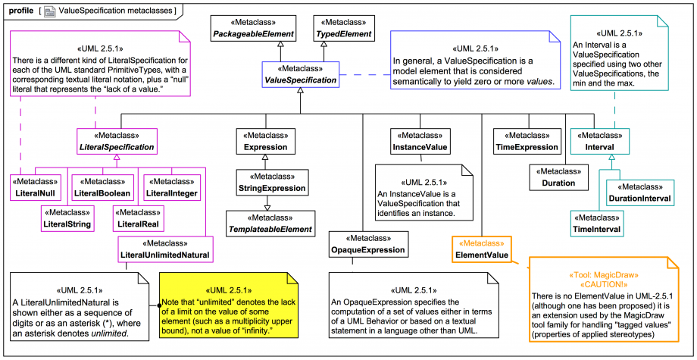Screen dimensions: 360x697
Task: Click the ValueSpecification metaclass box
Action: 300,74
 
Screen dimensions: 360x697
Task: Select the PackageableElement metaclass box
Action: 252,29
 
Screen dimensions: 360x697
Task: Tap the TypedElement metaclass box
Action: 343,29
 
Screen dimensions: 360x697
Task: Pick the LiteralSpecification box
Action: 117,140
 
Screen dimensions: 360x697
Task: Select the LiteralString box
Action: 67,218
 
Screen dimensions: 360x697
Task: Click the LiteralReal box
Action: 136,218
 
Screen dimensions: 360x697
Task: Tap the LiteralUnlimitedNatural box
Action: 164,249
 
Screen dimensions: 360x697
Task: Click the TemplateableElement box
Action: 270,224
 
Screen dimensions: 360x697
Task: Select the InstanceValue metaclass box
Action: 420,140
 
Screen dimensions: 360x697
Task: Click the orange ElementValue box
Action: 481,249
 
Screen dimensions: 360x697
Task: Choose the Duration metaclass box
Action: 558,177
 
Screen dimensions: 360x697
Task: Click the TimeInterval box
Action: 596,224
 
